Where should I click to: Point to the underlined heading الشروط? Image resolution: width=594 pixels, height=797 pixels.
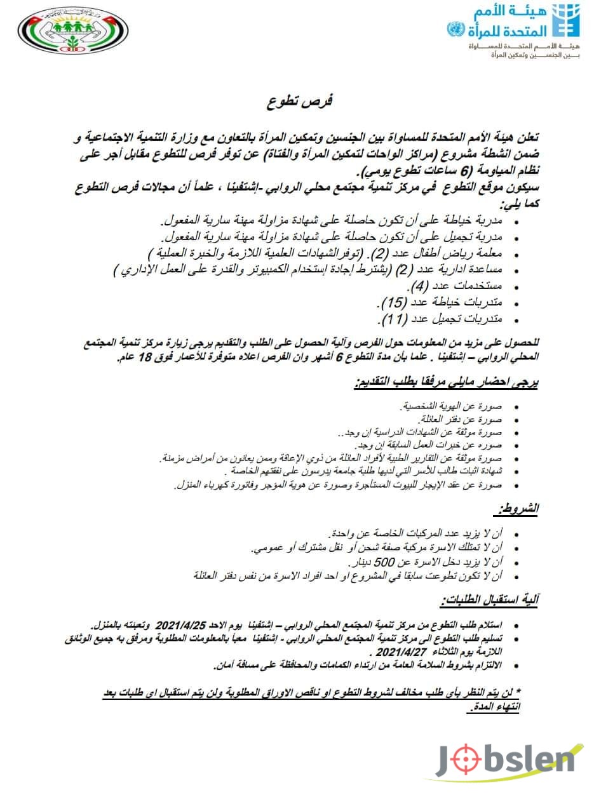pos(517,509)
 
